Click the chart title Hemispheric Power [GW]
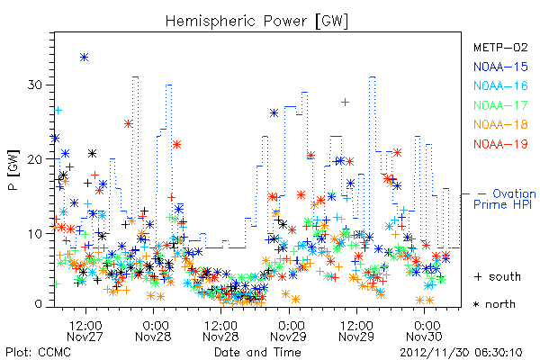tap(256, 22)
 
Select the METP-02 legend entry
tap(500, 47)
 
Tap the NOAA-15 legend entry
tap(500, 67)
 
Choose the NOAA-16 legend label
tap(500, 85)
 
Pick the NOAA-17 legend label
tap(500, 105)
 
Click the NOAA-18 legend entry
tap(500, 124)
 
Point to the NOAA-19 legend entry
tap(500, 144)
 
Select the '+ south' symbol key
tap(498, 276)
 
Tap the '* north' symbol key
tap(494, 304)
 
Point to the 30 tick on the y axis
tap(35, 85)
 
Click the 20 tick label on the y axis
tap(35, 159)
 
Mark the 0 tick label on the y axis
tap(39, 304)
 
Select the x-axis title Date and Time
tap(257, 352)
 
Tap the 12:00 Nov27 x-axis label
tap(85, 331)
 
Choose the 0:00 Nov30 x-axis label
tap(424, 331)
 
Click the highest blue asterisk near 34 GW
tap(84, 58)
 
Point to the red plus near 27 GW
tap(345, 102)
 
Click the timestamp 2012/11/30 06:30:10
tap(461, 353)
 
